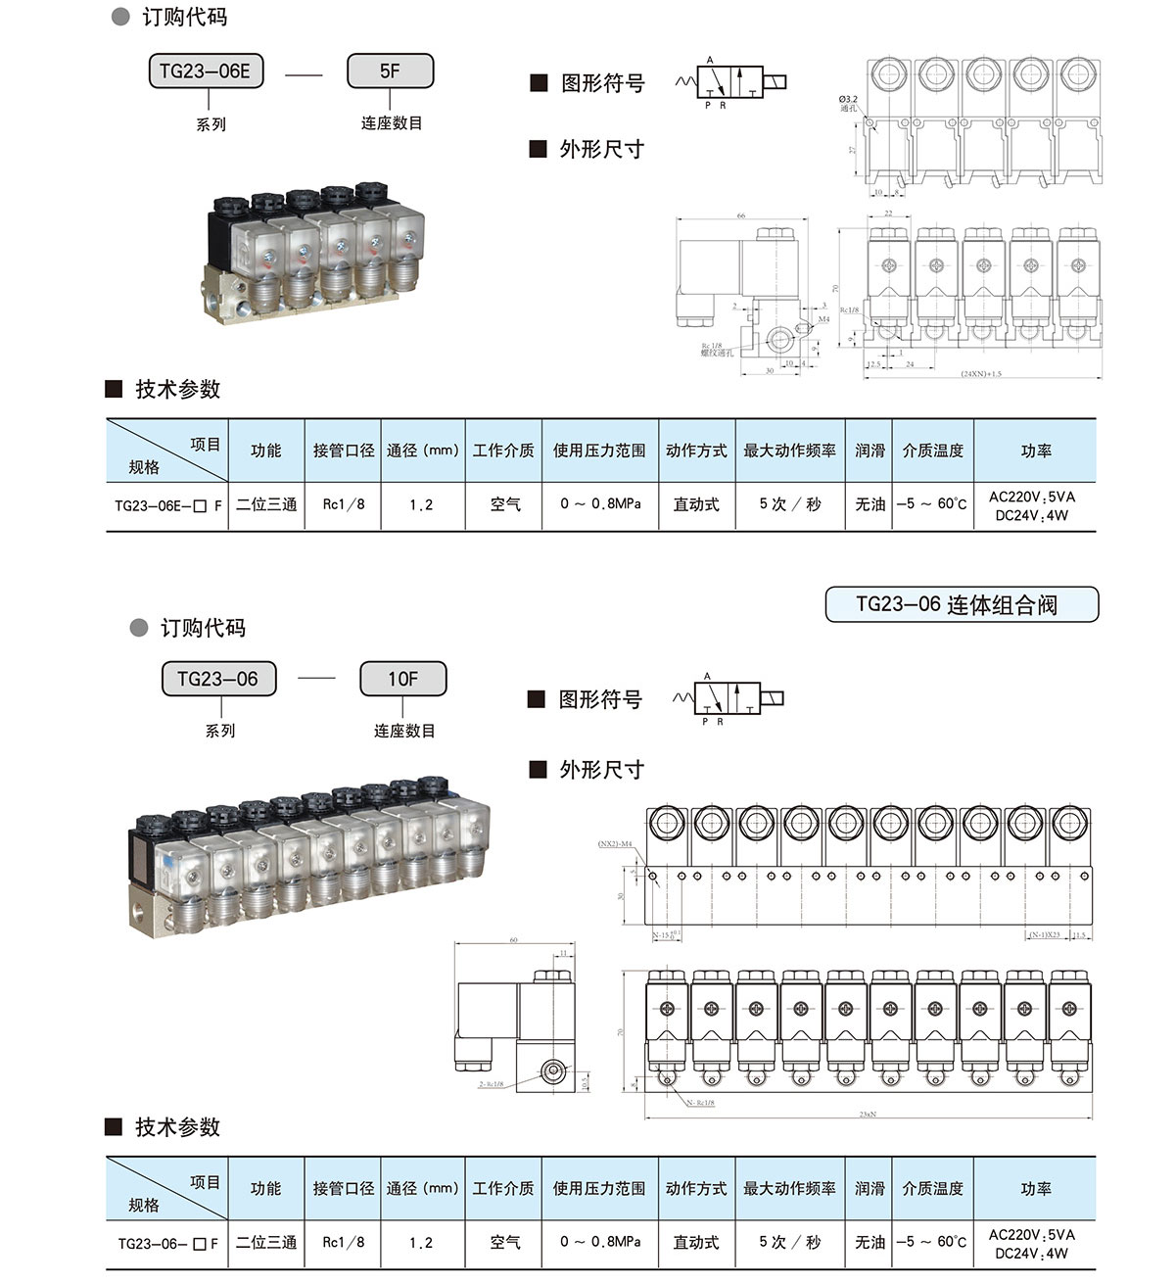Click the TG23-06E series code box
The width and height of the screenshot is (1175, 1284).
(x=206, y=71)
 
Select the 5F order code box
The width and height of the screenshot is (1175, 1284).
(x=390, y=71)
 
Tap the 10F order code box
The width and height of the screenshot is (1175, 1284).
(x=402, y=679)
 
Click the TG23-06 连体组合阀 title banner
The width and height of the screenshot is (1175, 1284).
(x=962, y=604)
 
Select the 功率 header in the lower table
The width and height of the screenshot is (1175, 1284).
(x=1035, y=1188)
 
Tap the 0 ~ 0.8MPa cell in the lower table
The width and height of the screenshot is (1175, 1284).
(x=600, y=1242)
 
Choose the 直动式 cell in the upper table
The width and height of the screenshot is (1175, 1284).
(x=696, y=504)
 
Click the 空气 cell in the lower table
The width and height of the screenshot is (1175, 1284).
(x=505, y=1242)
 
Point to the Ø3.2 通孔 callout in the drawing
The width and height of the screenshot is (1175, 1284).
(x=848, y=104)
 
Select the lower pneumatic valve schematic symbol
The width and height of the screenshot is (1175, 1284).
(x=728, y=698)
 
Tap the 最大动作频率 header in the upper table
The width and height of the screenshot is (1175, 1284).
(x=789, y=451)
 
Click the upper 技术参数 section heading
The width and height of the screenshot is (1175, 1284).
(x=177, y=389)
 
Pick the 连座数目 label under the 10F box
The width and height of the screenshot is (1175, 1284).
(x=403, y=731)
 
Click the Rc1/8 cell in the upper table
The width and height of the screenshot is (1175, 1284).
(x=344, y=504)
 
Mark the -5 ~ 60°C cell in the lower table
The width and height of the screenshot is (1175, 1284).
(x=931, y=1242)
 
